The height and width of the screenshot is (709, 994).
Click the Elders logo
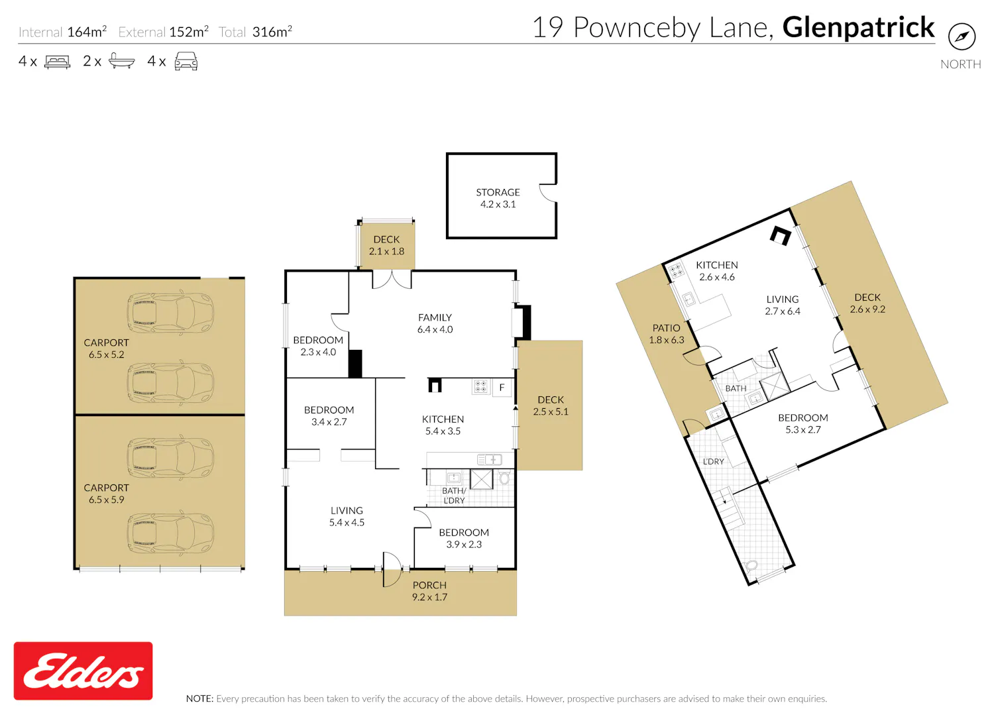[x=83, y=671]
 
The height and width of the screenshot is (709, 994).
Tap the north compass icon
[x=962, y=36]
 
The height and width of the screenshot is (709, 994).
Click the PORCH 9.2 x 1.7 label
[x=429, y=591]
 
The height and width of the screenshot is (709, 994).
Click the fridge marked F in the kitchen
[x=502, y=388]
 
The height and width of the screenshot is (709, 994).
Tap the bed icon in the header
[x=57, y=61]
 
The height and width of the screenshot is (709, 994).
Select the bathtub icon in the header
[x=121, y=61]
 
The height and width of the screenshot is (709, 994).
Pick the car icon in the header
[x=186, y=61]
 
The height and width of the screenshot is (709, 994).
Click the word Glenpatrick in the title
[x=858, y=28]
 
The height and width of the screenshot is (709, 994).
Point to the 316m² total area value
[x=272, y=32]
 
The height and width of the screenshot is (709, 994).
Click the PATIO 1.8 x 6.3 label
[x=667, y=334]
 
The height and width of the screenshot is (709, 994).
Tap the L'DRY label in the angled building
[x=714, y=461]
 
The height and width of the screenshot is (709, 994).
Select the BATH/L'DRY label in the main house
[x=454, y=495]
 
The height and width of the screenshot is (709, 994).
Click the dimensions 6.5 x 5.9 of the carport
[x=107, y=500]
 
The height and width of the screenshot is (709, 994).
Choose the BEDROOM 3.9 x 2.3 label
[x=464, y=538]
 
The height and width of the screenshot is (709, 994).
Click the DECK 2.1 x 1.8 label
[x=386, y=245]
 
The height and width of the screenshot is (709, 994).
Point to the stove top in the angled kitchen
[x=676, y=270]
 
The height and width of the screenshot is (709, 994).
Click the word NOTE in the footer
[x=199, y=699]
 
